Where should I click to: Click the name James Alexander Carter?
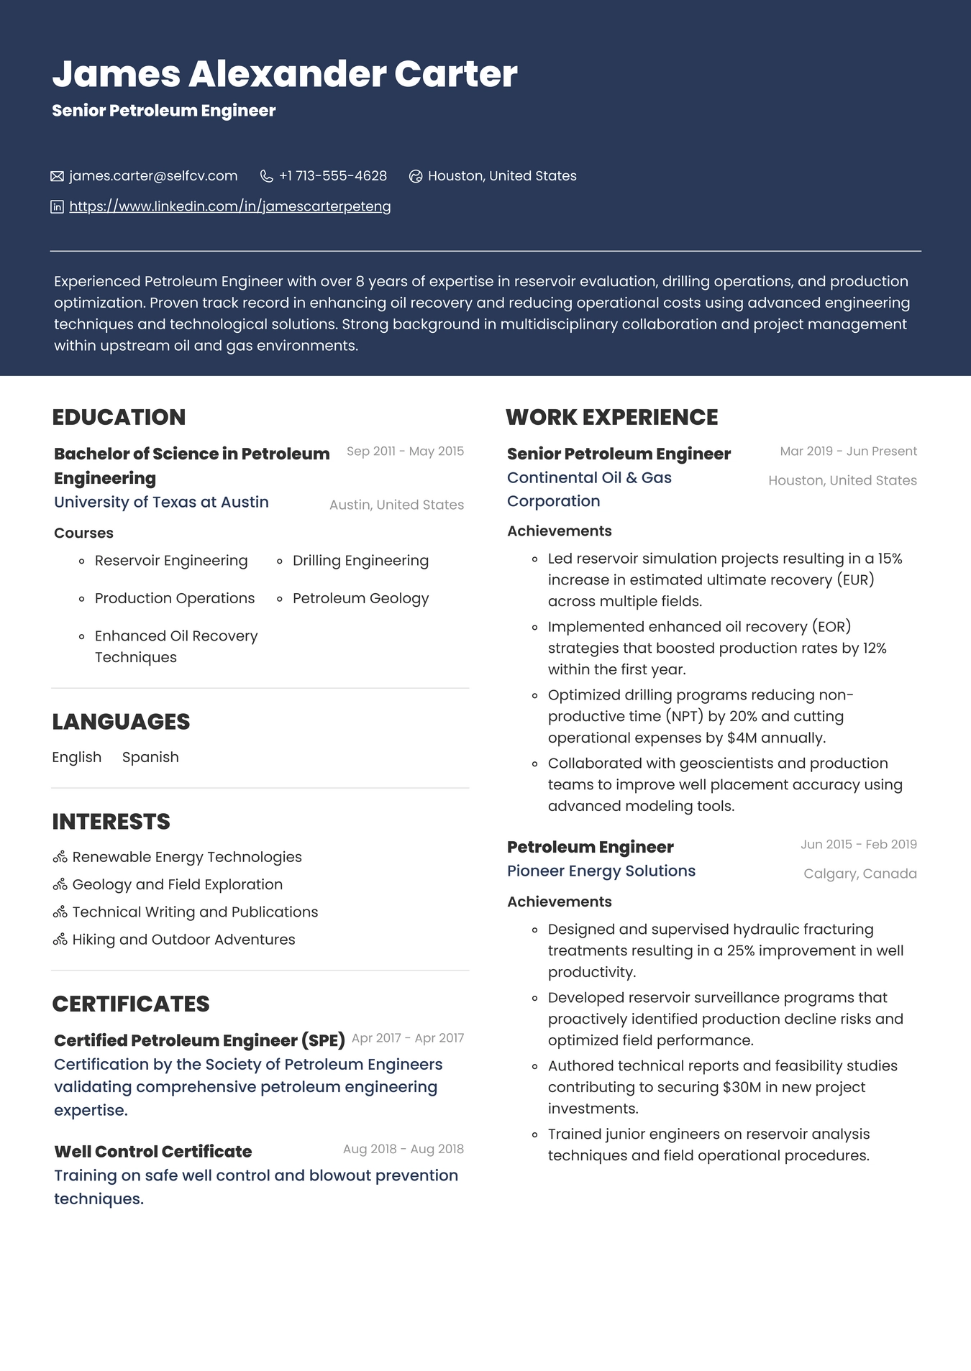click(x=284, y=74)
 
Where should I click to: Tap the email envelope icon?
click(x=57, y=176)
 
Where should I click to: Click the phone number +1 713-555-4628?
click(x=332, y=176)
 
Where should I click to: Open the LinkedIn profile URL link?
click(x=229, y=207)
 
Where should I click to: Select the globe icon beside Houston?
click(x=415, y=176)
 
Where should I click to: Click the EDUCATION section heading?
click(x=119, y=417)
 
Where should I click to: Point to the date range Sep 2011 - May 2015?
click(x=405, y=451)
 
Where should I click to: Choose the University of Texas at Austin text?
click(x=161, y=503)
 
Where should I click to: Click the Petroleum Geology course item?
click(x=360, y=598)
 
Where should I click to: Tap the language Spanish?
click(x=150, y=757)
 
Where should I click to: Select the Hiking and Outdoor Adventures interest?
click(x=183, y=940)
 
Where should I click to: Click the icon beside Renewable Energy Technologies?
click(x=60, y=857)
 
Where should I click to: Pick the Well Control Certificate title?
click(x=152, y=1152)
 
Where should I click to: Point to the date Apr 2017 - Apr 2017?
click(x=407, y=1038)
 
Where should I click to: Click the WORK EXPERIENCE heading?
click(x=611, y=417)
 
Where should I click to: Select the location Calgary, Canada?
click(x=860, y=874)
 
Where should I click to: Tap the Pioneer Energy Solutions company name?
click(x=601, y=871)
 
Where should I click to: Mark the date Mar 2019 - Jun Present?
click(x=848, y=451)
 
